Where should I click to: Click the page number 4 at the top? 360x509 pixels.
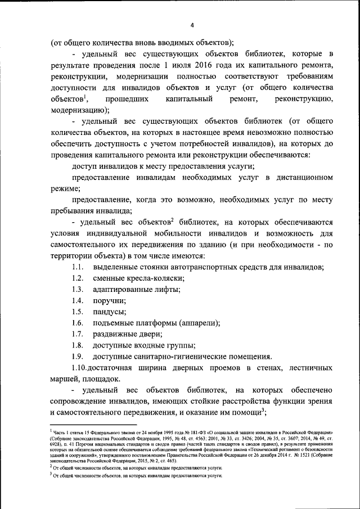click(x=191, y=25)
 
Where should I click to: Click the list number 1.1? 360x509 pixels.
click(x=78, y=267)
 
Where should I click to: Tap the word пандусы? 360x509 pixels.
click(x=110, y=312)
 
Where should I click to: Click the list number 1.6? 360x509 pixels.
click(x=78, y=323)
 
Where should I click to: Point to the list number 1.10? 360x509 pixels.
click(x=80, y=368)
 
